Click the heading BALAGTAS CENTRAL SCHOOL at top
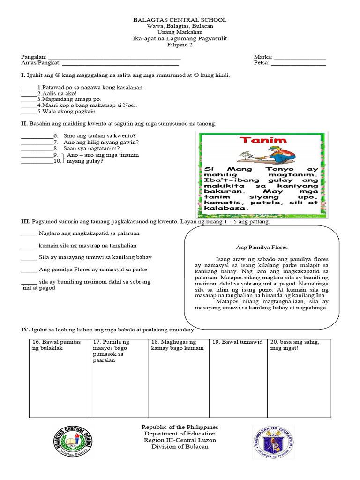coord(180,20)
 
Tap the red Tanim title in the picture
coord(258,141)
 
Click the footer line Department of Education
coord(180,434)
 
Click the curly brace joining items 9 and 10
coord(63,157)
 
